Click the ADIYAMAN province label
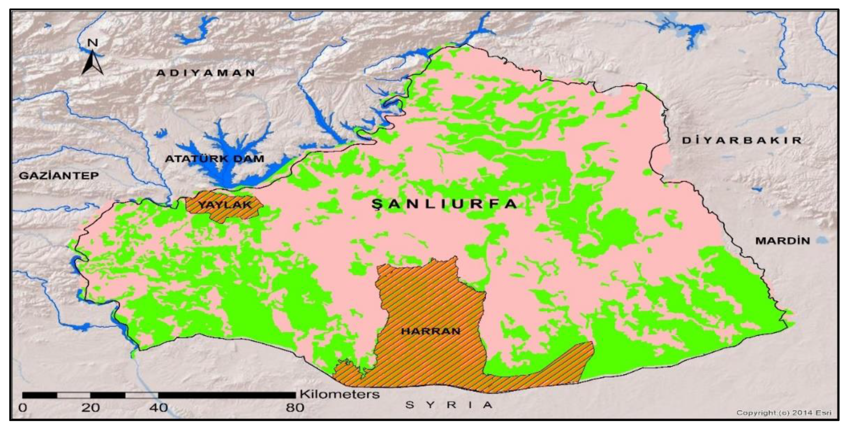(206, 73)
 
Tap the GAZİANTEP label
(59, 175)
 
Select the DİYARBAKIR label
(742, 140)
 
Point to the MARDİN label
(783, 241)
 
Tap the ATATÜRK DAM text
(214, 159)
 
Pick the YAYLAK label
(225, 205)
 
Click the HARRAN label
(430, 331)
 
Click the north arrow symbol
(92, 63)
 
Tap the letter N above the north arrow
(93, 43)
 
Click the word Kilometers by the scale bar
(339, 394)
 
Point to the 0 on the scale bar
(23, 408)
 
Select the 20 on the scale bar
(90, 408)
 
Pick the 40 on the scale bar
(159, 408)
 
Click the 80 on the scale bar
(295, 408)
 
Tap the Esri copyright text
(783, 413)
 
